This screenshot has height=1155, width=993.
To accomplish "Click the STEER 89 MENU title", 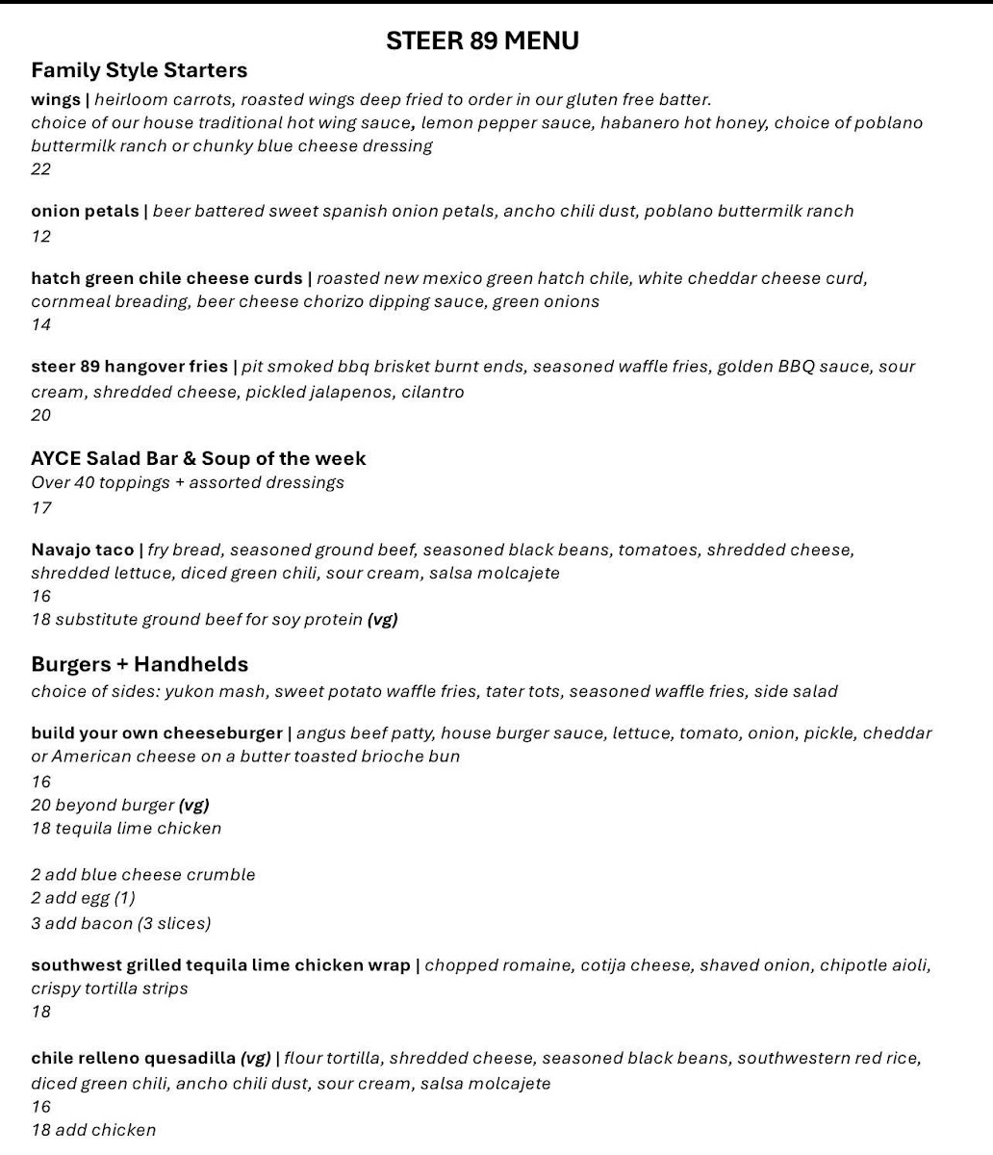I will tap(482, 40).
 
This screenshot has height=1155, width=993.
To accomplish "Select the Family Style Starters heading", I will tap(139, 70).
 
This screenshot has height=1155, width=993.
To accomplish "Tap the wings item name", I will tap(56, 99).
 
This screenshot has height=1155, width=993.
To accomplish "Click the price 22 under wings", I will tap(40, 169).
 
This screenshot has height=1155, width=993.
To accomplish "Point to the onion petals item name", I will tap(85, 211).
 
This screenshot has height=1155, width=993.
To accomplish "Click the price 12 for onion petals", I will tap(40, 236).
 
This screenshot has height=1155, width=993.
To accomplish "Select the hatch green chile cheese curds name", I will tap(166, 278).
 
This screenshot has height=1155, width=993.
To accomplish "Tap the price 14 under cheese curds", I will tap(40, 324).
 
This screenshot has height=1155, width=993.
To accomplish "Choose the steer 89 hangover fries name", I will tap(129, 367).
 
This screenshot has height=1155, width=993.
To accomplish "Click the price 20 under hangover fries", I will tap(40, 415).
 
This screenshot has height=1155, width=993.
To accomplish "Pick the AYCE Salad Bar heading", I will tap(198, 458).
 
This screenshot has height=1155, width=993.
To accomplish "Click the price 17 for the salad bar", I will tap(40, 507).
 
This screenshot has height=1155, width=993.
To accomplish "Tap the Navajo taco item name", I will tap(83, 550).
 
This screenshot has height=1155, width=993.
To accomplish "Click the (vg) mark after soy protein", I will tap(382, 619).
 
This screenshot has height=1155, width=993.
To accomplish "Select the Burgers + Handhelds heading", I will tap(140, 664).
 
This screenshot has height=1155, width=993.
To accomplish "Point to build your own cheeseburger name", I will tap(157, 732).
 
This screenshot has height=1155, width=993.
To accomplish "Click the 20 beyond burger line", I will tap(119, 805).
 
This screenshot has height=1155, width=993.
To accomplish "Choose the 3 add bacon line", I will tap(120, 923).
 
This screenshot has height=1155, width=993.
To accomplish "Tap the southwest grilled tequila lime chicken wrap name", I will tap(220, 964).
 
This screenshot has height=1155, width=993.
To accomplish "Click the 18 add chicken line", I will tap(92, 1130).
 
